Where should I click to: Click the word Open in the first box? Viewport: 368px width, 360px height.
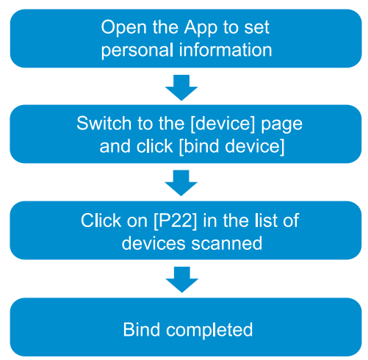point(124,28)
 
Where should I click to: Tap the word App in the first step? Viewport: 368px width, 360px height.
point(201,28)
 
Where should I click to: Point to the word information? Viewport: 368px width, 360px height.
point(226,50)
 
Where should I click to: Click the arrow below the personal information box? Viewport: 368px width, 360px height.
point(181,87)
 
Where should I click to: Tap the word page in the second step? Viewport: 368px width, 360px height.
point(281,125)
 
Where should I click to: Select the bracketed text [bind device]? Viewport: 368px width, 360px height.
point(231,146)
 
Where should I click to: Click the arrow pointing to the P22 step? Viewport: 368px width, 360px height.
point(181,183)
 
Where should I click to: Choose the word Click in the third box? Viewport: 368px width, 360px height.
point(101,220)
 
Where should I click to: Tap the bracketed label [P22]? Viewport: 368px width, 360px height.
point(175,221)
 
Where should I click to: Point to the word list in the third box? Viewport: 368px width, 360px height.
point(266,220)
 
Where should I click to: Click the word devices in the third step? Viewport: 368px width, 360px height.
point(154,243)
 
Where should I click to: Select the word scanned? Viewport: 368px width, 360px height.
point(226,243)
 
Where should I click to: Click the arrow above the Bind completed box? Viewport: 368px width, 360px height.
point(182,279)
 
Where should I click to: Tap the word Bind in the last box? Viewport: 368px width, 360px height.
point(142,330)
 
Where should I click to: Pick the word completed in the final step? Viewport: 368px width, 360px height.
point(209,331)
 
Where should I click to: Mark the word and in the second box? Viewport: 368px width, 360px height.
point(115,146)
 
